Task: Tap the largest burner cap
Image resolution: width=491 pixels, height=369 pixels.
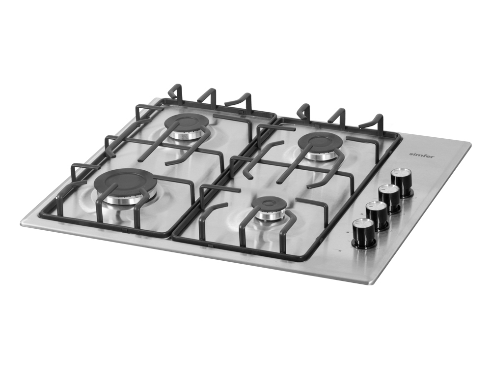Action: [x=130, y=180]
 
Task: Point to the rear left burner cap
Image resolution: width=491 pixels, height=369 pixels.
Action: [x=187, y=122]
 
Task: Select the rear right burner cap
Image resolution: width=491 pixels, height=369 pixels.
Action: [x=322, y=142]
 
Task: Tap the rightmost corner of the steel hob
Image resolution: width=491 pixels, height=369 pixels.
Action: [x=470, y=145]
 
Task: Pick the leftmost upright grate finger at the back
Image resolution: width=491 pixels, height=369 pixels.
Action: [x=176, y=92]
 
